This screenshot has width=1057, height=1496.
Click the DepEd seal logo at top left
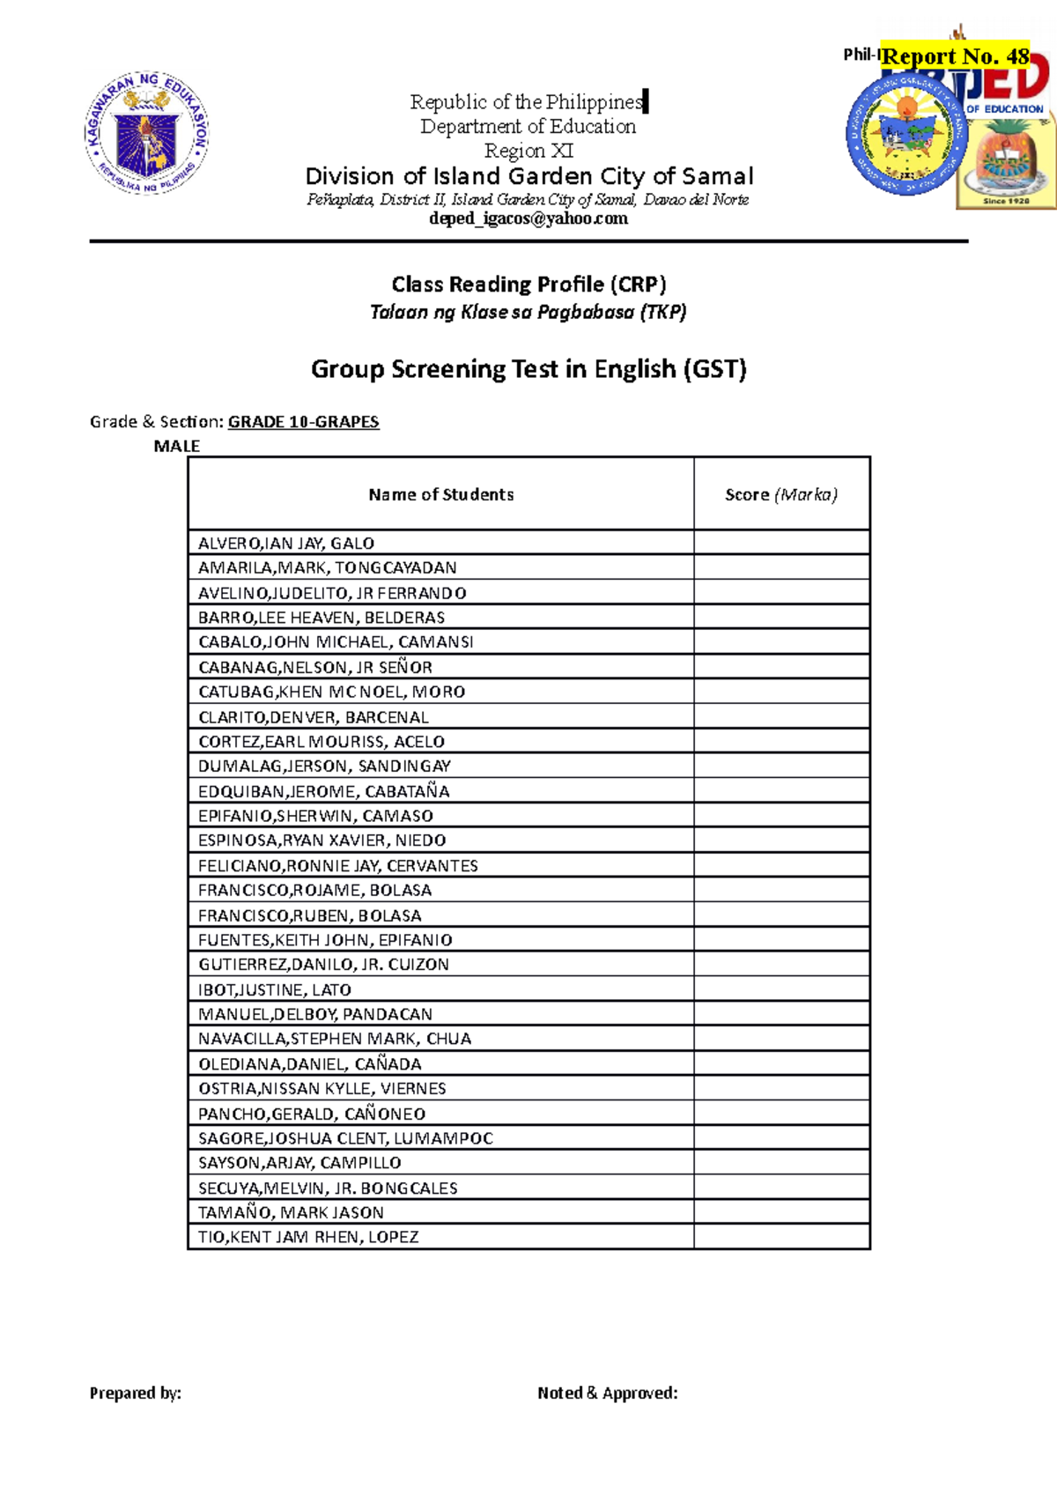click(147, 133)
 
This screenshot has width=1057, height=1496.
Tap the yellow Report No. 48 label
click(956, 56)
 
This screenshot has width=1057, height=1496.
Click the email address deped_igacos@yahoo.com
click(528, 218)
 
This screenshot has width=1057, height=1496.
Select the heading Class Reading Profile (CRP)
click(528, 285)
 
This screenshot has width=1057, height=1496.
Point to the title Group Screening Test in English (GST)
click(528, 368)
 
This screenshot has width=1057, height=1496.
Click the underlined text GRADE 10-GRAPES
click(303, 422)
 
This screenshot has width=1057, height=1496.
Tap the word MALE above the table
click(176, 446)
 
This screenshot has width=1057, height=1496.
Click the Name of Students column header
click(440, 494)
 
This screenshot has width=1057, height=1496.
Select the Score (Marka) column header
click(781, 494)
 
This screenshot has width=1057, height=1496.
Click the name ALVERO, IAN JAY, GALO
click(286, 544)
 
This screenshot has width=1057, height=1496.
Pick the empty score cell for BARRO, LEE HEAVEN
click(781, 617)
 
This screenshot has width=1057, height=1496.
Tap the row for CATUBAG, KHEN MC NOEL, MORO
click(331, 692)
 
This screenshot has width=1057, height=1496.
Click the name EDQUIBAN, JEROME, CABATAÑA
click(323, 791)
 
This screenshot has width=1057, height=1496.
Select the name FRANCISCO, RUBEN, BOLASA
click(309, 915)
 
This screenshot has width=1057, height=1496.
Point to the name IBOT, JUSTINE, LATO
click(274, 989)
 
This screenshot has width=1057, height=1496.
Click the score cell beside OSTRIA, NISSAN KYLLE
click(781, 1088)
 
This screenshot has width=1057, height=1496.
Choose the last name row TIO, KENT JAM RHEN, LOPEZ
click(307, 1237)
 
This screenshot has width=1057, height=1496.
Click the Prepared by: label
click(135, 1393)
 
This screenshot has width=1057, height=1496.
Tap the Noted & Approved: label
click(607, 1393)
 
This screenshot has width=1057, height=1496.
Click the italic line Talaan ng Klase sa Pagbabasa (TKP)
click(528, 312)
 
